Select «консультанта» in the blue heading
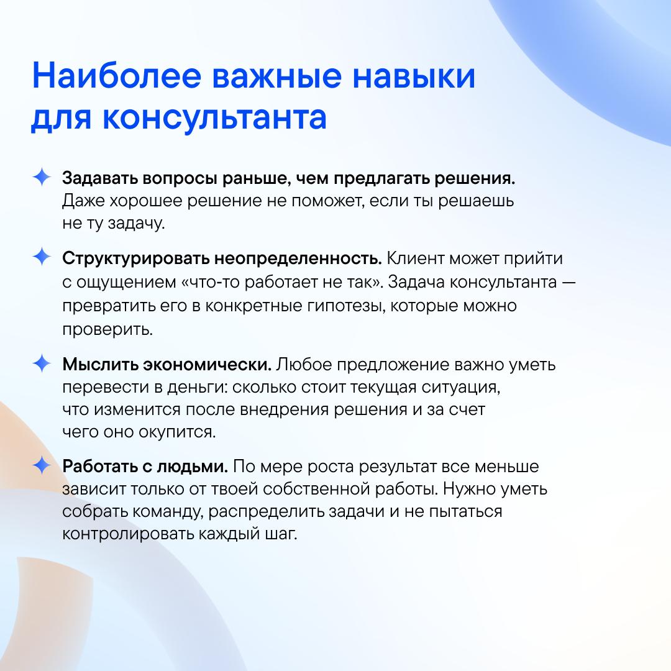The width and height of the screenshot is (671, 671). (x=214, y=117)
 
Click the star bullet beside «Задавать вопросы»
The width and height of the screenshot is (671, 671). (x=42, y=177)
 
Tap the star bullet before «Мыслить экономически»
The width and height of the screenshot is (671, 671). (x=42, y=363)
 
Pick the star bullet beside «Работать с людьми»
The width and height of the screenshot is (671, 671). (x=42, y=465)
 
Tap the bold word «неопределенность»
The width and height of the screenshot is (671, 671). (x=298, y=259)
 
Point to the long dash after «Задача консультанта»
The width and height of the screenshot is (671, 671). (x=568, y=283)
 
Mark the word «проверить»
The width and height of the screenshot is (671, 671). (x=107, y=329)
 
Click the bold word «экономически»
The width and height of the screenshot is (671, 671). (x=207, y=365)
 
